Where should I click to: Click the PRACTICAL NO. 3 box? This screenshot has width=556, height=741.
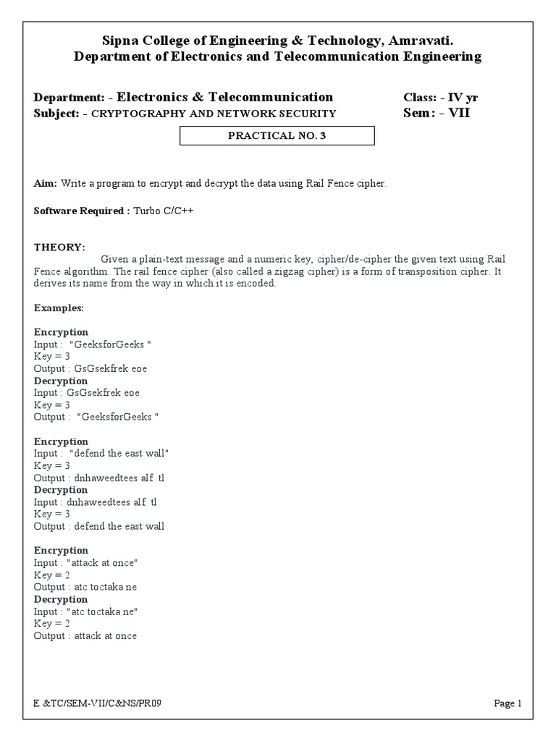[277, 135]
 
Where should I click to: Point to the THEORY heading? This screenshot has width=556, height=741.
[59, 247]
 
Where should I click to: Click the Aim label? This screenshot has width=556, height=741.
[46, 184]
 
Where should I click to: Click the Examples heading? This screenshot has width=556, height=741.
[59, 308]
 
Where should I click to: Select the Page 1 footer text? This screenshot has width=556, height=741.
[507, 703]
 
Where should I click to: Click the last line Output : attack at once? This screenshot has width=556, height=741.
[85, 635]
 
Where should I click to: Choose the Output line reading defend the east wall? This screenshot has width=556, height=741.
[99, 526]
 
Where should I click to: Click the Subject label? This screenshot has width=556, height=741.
[56, 114]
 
